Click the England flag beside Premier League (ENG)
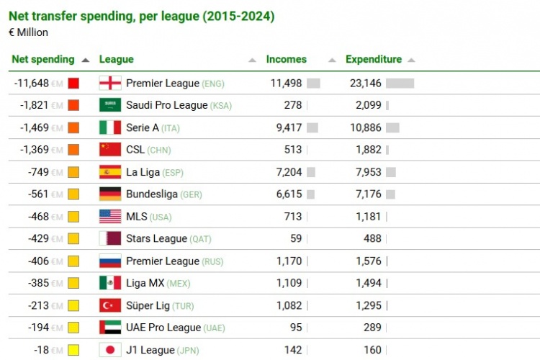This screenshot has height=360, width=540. coord(109,83)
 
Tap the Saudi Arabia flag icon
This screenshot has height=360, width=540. coord(109,105)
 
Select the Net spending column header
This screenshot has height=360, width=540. coord(43,60)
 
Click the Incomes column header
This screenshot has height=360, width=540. coord(287,60)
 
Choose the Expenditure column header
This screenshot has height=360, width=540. coord(374,60)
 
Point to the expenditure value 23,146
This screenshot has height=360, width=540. coord(366,84)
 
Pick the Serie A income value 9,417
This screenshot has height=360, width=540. coord(287,127)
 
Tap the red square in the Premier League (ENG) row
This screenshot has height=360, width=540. coord(73,84)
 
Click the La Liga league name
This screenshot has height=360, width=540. coord(143,172)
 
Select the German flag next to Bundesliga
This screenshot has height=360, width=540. coord(109,194)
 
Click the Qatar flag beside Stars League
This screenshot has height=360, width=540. coord(109,238)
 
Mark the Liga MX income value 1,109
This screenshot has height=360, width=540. coord(289,283)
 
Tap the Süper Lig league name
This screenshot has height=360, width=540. coord(145,305)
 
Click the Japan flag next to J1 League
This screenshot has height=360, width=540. coord(109,350)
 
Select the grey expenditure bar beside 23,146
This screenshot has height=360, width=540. coord(400,84)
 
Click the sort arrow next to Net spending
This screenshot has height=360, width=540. coord(86,60)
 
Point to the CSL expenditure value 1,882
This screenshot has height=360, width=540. coord(368,150)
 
